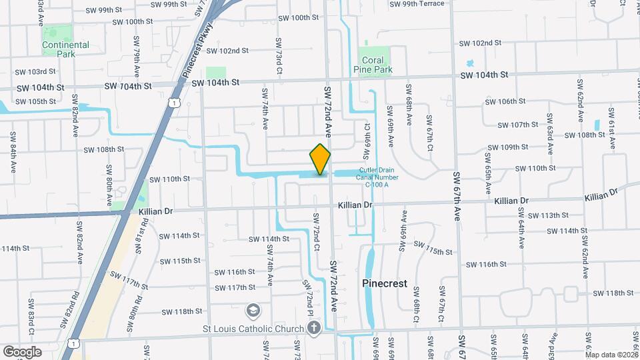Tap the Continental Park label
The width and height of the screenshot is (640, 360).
tap(65, 49)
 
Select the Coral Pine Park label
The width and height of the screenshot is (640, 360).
tap(377, 65)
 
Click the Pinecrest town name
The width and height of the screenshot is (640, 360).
tap(385, 283)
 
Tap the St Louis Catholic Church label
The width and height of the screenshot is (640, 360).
tap(254, 328)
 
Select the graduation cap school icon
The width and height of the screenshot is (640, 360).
tap(253, 310)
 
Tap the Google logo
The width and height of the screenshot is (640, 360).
tap(21, 351)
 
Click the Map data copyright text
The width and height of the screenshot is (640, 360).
tap(612, 355)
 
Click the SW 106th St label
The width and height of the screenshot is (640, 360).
tap(507, 101)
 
